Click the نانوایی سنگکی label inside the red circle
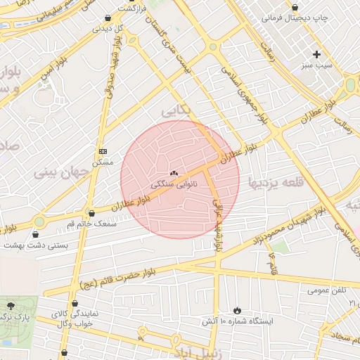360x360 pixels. click(174, 184)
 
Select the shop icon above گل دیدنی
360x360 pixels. click(107, 18)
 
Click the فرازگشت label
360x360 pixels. click(135, 8)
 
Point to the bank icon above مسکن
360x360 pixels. click(103, 151)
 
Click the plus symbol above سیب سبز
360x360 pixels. click(317, 54)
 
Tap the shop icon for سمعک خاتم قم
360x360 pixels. click(91, 213)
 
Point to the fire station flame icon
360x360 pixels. click(237, 309)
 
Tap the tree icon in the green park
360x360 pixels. click(11, 306)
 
